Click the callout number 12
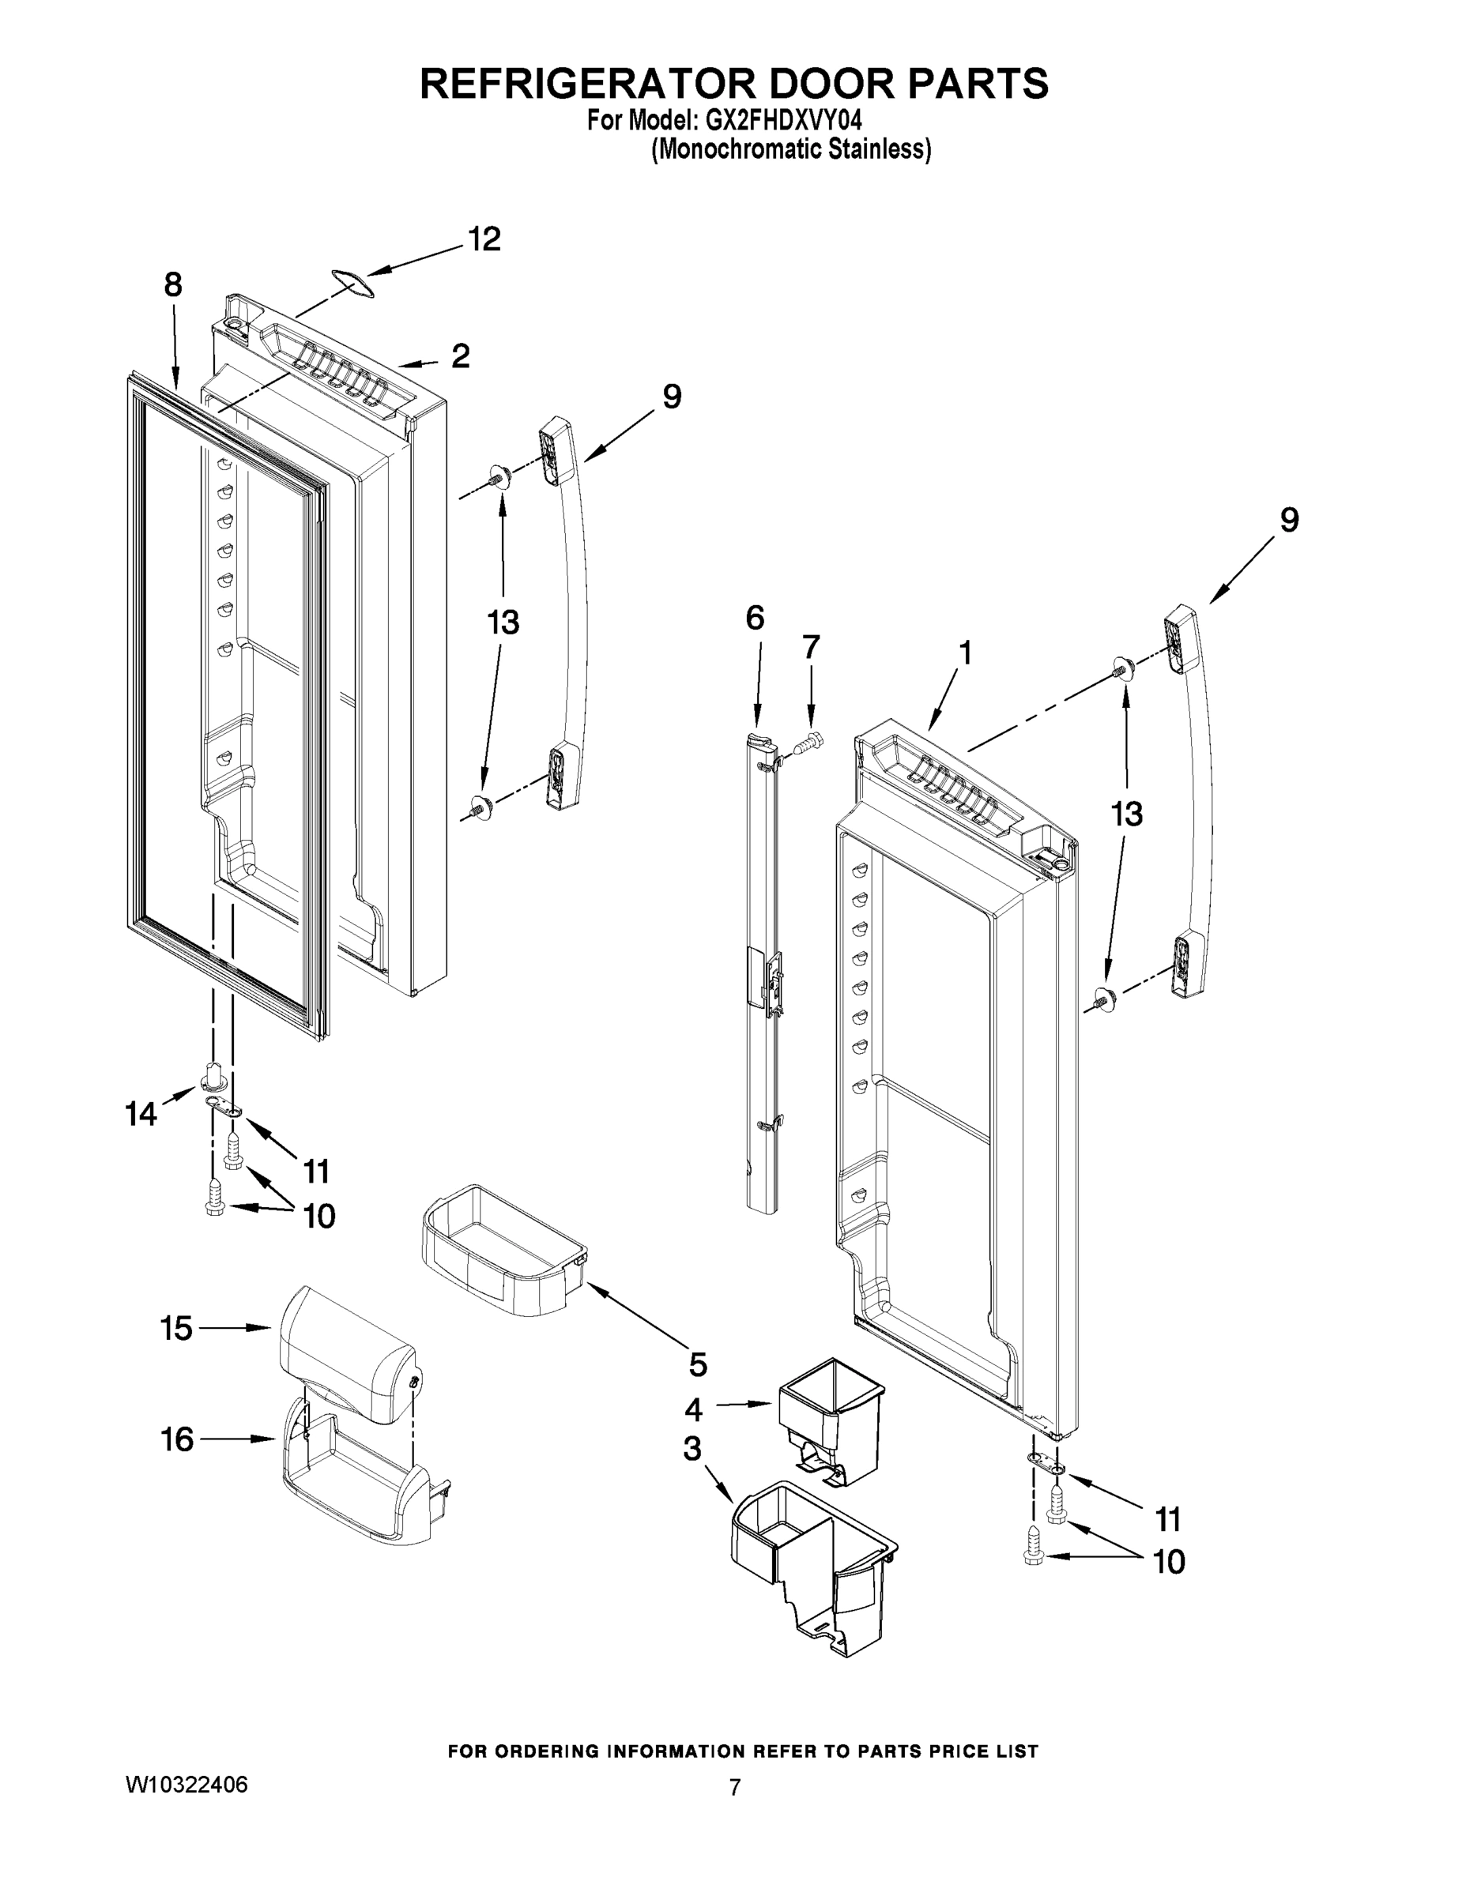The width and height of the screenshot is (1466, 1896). point(484,239)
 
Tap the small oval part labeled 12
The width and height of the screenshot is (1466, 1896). point(352,280)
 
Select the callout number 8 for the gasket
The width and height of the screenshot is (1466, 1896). point(173,284)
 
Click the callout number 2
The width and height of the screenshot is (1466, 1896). point(460,355)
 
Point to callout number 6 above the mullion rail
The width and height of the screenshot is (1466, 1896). point(755,618)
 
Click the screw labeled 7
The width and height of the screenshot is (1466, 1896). point(808,740)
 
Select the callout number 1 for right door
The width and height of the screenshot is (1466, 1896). point(964,652)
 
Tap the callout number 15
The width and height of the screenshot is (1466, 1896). point(176,1328)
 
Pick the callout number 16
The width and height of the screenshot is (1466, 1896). point(177,1440)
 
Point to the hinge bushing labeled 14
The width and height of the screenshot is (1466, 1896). point(213,1077)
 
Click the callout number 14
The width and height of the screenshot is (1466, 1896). point(141,1114)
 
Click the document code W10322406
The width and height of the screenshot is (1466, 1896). point(187,1785)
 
